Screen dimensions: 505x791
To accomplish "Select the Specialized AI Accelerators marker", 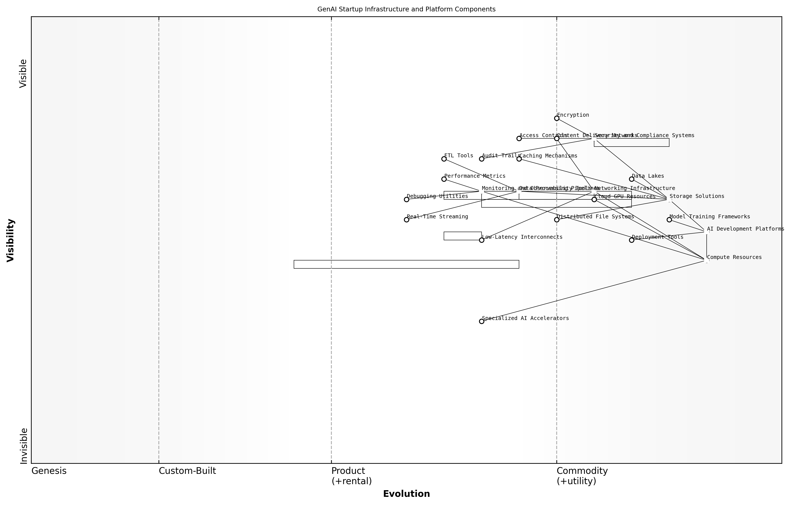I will (x=482, y=321).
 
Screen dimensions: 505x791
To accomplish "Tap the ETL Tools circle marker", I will (x=444, y=159).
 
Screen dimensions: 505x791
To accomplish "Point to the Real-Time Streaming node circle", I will (x=406, y=220).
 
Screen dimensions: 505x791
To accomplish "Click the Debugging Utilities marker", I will (x=406, y=199).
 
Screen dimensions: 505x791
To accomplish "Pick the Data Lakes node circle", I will (x=631, y=179).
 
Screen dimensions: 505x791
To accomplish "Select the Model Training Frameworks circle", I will (x=669, y=220).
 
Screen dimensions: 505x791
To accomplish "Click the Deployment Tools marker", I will (x=631, y=240).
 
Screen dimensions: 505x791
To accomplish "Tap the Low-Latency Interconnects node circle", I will (x=482, y=240).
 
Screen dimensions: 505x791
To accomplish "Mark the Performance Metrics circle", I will (x=444, y=179).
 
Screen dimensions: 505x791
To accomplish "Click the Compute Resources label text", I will (x=734, y=257).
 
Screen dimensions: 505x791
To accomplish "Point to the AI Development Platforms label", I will (x=745, y=229).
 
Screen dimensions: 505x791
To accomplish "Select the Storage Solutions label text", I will (x=697, y=196).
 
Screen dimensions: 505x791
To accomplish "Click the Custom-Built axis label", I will (x=187, y=471).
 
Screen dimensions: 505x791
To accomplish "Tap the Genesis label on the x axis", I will (x=49, y=471).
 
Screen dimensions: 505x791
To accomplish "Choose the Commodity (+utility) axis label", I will (x=582, y=476).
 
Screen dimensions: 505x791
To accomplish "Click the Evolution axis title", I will (x=406, y=494).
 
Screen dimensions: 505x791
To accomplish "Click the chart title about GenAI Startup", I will (x=406, y=9).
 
